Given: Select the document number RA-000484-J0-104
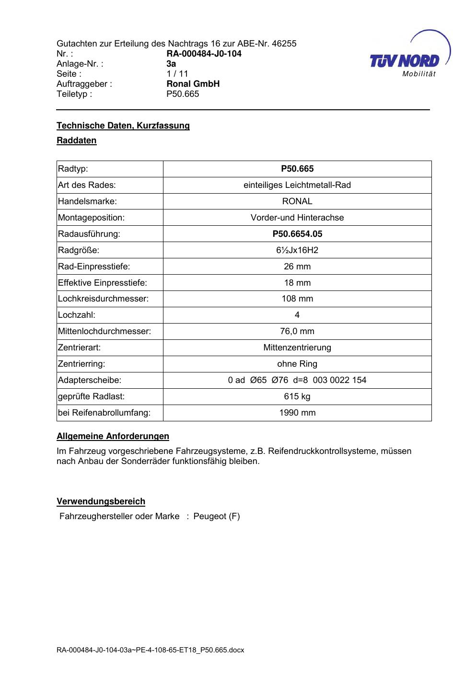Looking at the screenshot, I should [x=204, y=54].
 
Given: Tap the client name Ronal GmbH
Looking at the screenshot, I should [x=193, y=84].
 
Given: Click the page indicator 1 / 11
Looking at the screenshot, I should [x=177, y=74].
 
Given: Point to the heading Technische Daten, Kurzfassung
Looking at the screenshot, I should [x=123, y=126].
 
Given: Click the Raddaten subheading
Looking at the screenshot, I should [x=77, y=140].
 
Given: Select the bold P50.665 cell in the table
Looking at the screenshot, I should [x=297, y=169].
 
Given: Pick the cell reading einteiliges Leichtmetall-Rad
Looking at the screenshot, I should [x=297, y=185].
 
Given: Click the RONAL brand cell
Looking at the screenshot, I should [x=297, y=201].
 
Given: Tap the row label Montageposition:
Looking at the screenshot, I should [x=91, y=218].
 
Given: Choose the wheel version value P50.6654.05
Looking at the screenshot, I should [x=297, y=234].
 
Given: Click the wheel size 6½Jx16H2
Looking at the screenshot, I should [x=297, y=250].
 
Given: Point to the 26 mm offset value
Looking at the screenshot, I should [x=297, y=267].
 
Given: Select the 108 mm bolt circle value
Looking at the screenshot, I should [x=297, y=299].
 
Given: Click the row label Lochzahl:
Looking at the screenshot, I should [x=77, y=315].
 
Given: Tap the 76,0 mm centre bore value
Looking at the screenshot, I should [x=297, y=331].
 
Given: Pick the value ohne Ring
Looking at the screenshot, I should [x=297, y=364].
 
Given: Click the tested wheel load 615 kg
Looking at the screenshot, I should [x=297, y=396].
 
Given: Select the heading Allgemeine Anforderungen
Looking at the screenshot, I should [x=113, y=436].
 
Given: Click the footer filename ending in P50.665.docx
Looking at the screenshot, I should [x=151, y=650].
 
